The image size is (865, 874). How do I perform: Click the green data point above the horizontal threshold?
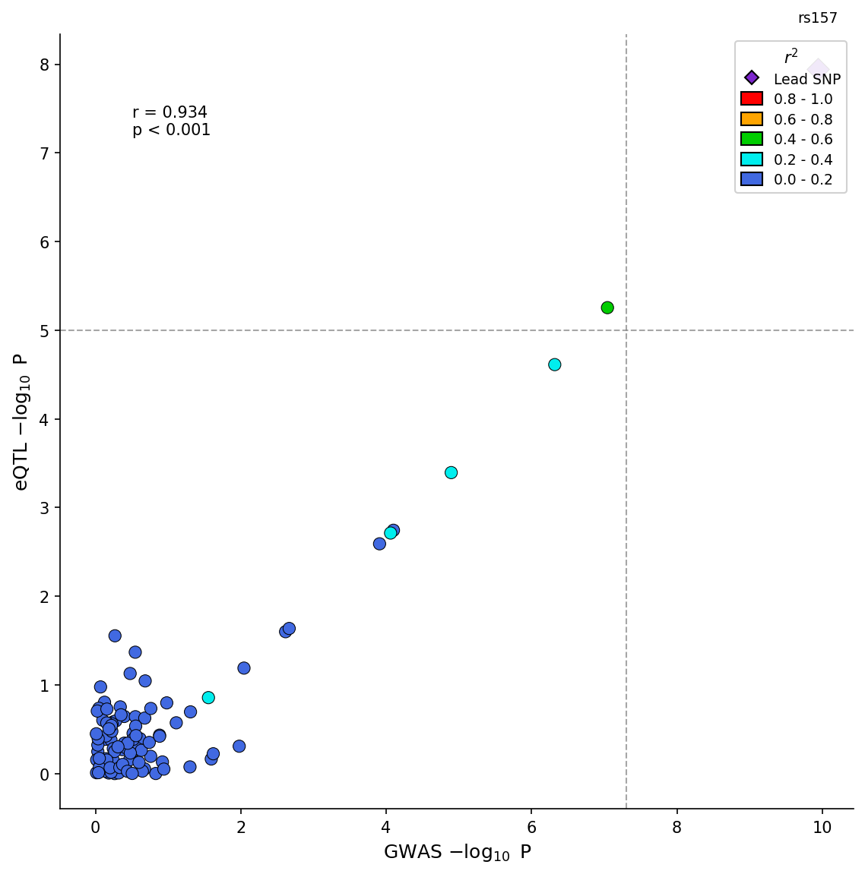coord(607,308)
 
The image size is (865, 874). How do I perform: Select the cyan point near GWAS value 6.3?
coord(554,364)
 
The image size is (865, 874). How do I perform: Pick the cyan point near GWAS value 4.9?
coord(451,472)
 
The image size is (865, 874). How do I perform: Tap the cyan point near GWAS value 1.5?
coord(208,697)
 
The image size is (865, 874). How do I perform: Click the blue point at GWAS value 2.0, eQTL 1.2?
coord(243,668)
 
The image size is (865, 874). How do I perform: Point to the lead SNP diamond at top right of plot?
coord(818,68)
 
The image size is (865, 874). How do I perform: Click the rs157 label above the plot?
coord(817,18)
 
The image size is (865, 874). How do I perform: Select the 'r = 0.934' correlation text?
coord(170,112)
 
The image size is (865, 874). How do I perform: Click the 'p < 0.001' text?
coord(171,131)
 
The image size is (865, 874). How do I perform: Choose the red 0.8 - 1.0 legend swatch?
coord(751,99)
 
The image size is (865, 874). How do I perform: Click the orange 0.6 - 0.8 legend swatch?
coord(751,119)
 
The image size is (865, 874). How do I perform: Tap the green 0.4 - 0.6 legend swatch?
coord(751,139)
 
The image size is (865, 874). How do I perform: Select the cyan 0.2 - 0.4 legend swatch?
coord(751,159)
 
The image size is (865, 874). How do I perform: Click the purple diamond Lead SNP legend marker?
coord(751,77)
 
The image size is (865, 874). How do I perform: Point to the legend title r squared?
coord(791,58)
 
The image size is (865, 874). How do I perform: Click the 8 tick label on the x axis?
coord(676,828)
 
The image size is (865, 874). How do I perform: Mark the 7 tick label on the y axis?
coord(44,153)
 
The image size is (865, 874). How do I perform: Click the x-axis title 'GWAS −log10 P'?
coord(457,853)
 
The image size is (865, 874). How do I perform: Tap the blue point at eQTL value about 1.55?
coord(115,636)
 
